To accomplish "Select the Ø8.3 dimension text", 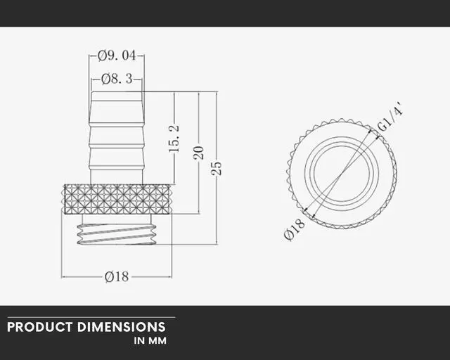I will [116, 79].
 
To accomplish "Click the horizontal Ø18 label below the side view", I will [117, 276].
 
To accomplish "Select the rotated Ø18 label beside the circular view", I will [295, 229].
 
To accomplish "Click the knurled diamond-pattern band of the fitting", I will [117, 199].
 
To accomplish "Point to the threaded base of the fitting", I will [117, 230].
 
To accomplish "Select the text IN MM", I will [150, 341].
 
